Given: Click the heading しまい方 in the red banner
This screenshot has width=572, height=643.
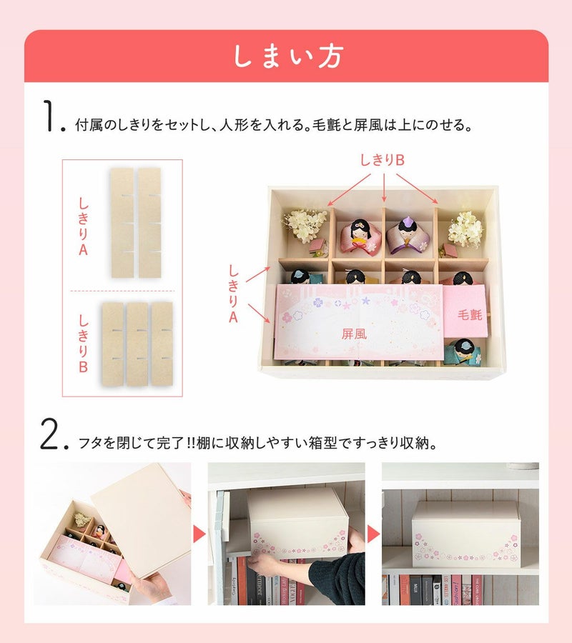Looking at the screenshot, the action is tap(288, 56).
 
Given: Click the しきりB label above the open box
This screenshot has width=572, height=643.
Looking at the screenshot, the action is tap(383, 160).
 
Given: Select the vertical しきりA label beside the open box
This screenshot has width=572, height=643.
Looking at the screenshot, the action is tap(233, 294).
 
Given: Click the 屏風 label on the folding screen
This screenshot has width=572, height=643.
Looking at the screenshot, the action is tap(354, 334).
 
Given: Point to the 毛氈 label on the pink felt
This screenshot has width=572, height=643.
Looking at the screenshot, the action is tap(470, 314).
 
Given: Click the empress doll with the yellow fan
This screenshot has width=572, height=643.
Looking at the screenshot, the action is tap(360, 237).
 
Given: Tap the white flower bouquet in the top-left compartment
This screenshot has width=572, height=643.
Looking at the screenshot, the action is tap(305, 226).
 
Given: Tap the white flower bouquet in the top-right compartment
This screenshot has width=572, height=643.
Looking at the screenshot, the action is tap(465, 229).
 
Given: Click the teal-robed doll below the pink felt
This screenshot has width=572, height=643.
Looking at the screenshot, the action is tap(463, 352).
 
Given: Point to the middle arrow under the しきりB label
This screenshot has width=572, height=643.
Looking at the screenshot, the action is tap(384, 188).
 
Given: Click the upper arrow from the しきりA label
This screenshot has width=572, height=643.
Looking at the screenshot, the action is tap(258, 274).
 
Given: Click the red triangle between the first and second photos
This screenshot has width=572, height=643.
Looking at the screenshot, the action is tap(199, 534).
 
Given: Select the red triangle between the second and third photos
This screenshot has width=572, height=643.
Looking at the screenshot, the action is tap(373, 534).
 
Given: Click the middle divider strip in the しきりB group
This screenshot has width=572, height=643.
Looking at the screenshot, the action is tap(137, 344).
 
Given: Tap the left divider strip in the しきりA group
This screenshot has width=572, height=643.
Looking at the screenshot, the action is tap(122, 223).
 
